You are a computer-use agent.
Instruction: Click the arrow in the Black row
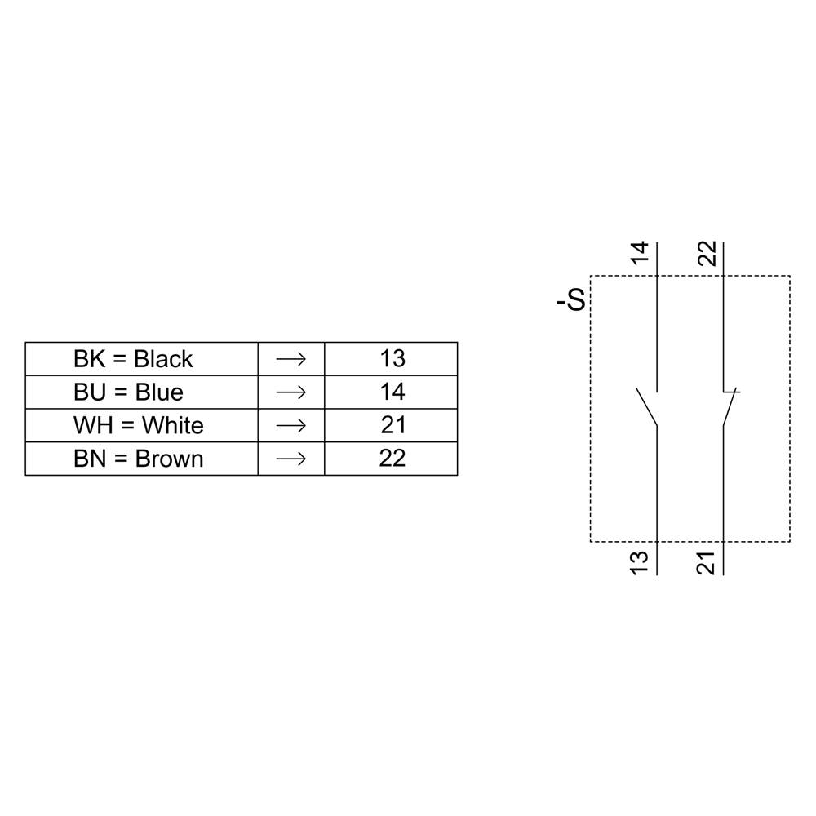pos(290,359)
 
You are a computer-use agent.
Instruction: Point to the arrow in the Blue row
pos(290,392)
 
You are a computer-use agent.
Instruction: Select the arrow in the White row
pos(290,426)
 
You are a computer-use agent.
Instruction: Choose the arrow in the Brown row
pos(290,459)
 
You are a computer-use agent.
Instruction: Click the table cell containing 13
pos(392,359)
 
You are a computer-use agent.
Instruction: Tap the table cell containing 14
pos(392,392)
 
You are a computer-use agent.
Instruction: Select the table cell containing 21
pos(392,426)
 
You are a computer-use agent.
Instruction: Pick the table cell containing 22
pos(392,459)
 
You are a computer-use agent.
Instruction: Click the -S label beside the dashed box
pos(571,301)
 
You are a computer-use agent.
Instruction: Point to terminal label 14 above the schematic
pos(640,254)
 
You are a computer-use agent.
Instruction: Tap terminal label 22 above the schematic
pos(707,254)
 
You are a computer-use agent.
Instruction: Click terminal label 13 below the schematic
pos(640,562)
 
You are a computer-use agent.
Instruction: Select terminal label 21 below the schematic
pos(707,562)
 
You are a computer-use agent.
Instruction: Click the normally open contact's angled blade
pos(646,406)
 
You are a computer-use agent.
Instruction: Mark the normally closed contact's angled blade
pos(730,408)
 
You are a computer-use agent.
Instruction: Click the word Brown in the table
pos(169,459)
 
